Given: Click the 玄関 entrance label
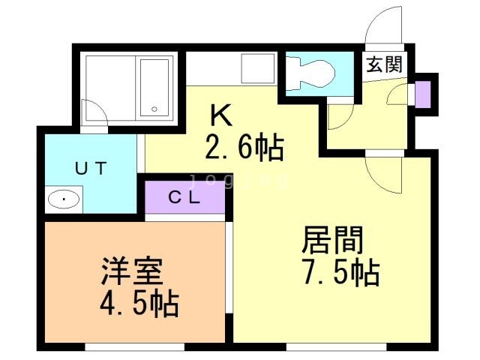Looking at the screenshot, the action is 385,64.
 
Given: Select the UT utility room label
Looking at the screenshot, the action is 91,168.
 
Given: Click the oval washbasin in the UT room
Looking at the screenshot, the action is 64,199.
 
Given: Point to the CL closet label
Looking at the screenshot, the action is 184,198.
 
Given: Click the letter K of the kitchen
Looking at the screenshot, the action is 221,115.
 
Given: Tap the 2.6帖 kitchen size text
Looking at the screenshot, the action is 244,147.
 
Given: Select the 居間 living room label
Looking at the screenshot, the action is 333,240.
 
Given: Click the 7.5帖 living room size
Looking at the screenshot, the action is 341,272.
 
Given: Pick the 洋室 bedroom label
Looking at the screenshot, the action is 132,271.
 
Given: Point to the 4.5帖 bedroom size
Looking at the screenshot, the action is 139,303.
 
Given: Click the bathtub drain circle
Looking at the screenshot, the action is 154,109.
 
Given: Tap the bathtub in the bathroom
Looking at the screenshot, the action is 154,88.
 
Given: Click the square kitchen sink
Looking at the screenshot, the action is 258,68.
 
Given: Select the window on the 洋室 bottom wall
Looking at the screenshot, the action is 134,346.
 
